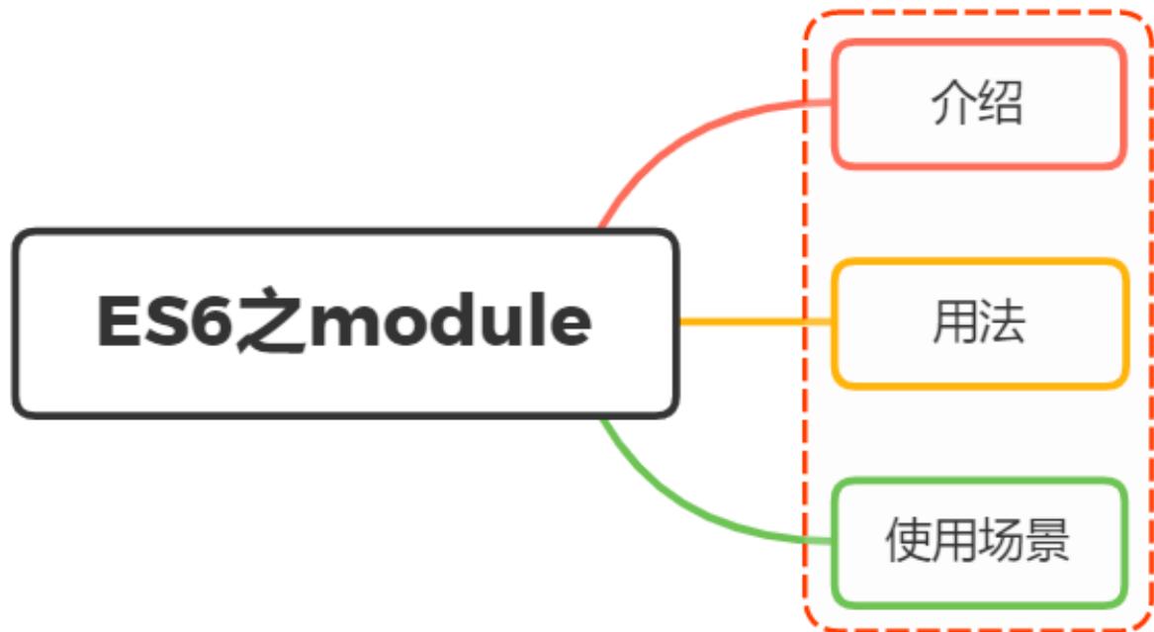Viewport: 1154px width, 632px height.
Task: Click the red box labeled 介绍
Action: (x=978, y=104)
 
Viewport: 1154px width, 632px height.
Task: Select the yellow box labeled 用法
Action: (x=979, y=322)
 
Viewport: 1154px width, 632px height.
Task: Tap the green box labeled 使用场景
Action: (x=979, y=542)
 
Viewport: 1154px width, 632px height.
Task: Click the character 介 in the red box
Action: (x=952, y=104)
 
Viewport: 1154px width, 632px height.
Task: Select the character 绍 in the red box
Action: (x=1001, y=104)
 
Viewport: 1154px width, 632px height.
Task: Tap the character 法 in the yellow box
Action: (x=1002, y=322)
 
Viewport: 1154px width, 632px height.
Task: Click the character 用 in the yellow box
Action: (x=954, y=322)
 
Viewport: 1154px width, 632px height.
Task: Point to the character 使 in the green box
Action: (x=907, y=542)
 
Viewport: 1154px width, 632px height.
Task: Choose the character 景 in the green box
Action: (x=1048, y=542)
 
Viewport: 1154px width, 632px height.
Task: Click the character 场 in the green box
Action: (x=1001, y=542)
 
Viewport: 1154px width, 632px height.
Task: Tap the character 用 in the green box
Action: (x=954, y=542)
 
